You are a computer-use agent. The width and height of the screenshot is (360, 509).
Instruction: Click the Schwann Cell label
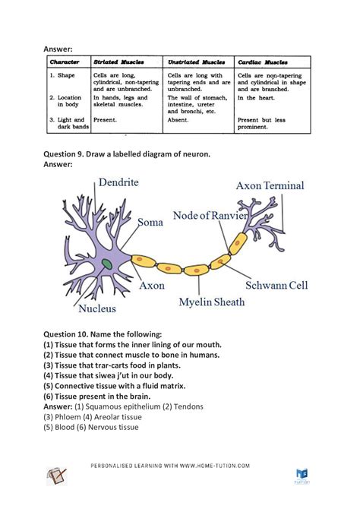point(276,286)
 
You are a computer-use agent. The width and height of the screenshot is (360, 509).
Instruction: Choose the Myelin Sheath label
point(212,302)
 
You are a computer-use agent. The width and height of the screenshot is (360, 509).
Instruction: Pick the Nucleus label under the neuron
point(96,308)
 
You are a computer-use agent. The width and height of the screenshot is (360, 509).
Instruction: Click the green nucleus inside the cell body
point(107,264)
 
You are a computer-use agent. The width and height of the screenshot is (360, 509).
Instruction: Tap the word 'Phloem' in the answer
point(71,416)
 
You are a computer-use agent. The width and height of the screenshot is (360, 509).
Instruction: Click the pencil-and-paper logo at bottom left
point(57,475)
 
